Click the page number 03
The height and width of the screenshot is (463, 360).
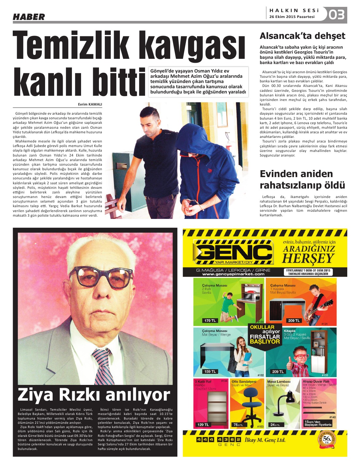point(336,15)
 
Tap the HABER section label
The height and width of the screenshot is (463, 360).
point(29,17)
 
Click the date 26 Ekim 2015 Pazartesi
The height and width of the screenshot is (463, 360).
point(292,17)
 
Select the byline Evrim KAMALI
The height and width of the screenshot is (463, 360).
point(90,105)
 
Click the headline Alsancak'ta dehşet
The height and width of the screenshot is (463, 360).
point(302,36)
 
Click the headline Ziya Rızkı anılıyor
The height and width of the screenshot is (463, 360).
point(94,394)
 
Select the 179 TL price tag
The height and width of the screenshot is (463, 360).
point(210,321)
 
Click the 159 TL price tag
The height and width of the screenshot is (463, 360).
point(210,372)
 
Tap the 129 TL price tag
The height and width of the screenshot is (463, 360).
point(203,424)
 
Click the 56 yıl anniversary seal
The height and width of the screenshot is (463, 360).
point(327,439)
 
